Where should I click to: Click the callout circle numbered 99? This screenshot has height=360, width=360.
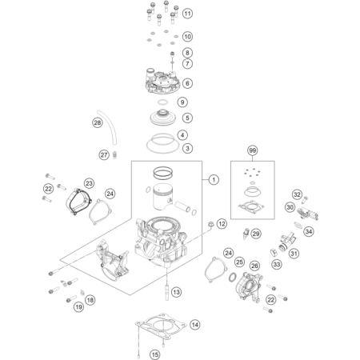point(253,150)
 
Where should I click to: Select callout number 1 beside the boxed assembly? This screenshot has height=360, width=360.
point(214,180)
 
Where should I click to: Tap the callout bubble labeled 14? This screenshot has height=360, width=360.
point(195,325)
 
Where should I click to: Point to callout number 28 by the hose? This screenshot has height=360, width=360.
point(98,122)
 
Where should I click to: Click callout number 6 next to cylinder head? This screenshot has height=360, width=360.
point(187,83)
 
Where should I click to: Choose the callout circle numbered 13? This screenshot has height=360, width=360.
point(176,292)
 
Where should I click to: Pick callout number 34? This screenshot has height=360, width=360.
point(309,231)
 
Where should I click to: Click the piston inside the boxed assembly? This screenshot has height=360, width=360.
point(163,198)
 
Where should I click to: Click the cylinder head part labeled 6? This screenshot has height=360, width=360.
point(162,82)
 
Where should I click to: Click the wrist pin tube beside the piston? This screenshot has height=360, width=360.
point(182,206)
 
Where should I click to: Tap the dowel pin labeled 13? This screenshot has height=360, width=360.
point(167,293)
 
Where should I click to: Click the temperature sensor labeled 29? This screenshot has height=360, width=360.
point(246,234)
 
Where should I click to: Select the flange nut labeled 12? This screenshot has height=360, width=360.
point(211,224)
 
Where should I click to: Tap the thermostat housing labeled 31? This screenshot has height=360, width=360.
point(287,242)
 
